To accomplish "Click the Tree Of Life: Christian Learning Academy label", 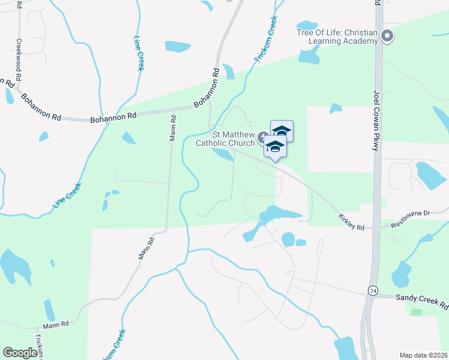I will coord(337,36).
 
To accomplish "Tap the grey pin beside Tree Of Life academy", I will coord(387,36).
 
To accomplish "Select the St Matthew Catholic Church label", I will coord(225,139).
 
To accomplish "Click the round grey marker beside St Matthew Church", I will coord(262,139).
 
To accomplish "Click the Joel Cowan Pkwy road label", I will coord(377,121).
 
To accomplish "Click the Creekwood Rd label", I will coord(19,61).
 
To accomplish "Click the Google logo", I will coord(20,353).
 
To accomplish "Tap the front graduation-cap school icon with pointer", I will coord(275,147).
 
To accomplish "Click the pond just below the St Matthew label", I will coord(223,155).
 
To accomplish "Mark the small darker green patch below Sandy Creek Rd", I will coord(416,312).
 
